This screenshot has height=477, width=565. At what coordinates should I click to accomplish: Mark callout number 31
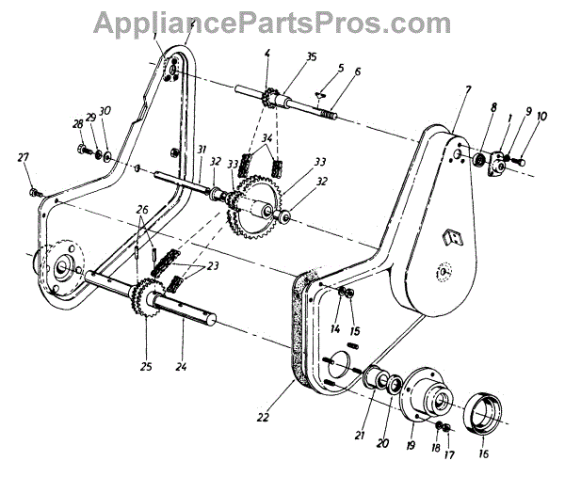tap(202, 151)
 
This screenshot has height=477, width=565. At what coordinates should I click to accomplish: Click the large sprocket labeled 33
tap(254, 207)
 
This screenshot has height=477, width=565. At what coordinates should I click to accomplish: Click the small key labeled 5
tap(320, 94)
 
